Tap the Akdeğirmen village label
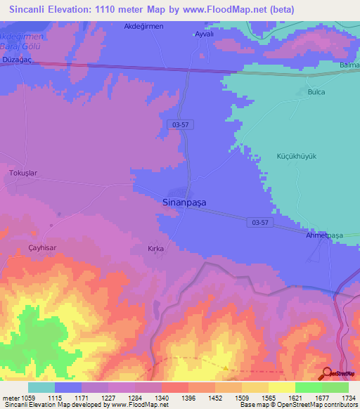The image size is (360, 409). click(143, 26)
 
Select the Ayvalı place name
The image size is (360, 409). click(203, 34)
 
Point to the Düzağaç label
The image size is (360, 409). click(17, 62)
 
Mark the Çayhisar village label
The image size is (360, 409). click(41, 249)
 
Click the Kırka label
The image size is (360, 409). click(155, 249)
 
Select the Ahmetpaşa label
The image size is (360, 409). click(324, 235)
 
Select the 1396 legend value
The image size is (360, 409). click(188, 398)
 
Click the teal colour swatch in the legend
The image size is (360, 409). click(41, 387)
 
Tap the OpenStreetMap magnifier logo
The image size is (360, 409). click(327, 373)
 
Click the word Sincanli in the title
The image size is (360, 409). click(29, 9)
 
